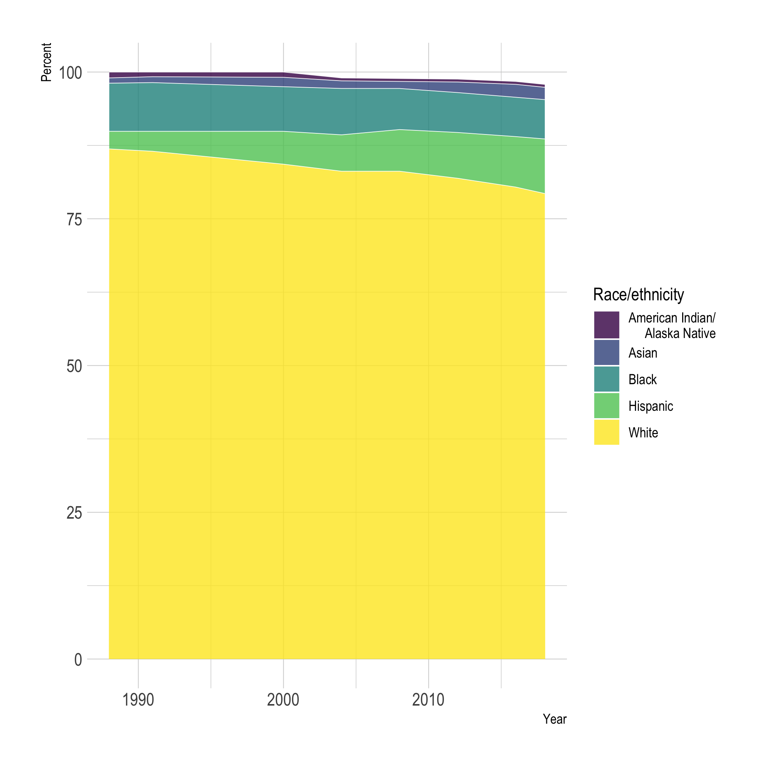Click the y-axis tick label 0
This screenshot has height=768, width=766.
tap(78, 660)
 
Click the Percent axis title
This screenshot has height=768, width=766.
tap(47, 62)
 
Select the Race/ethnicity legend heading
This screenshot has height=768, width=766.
tap(639, 294)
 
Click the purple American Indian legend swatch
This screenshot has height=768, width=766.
tap(606, 325)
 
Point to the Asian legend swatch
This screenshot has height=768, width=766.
tap(606, 352)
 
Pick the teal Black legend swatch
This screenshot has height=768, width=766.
tap(606, 379)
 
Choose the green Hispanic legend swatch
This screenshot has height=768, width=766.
tap(606, 406)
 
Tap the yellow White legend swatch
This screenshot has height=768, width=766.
tap(606, 432)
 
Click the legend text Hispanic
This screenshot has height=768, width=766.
tap(651, 406)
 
